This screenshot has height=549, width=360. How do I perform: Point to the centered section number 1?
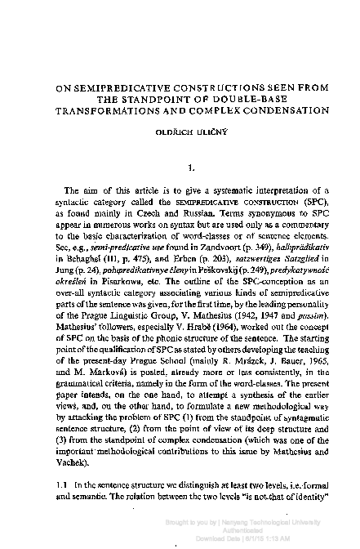point(190,169)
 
